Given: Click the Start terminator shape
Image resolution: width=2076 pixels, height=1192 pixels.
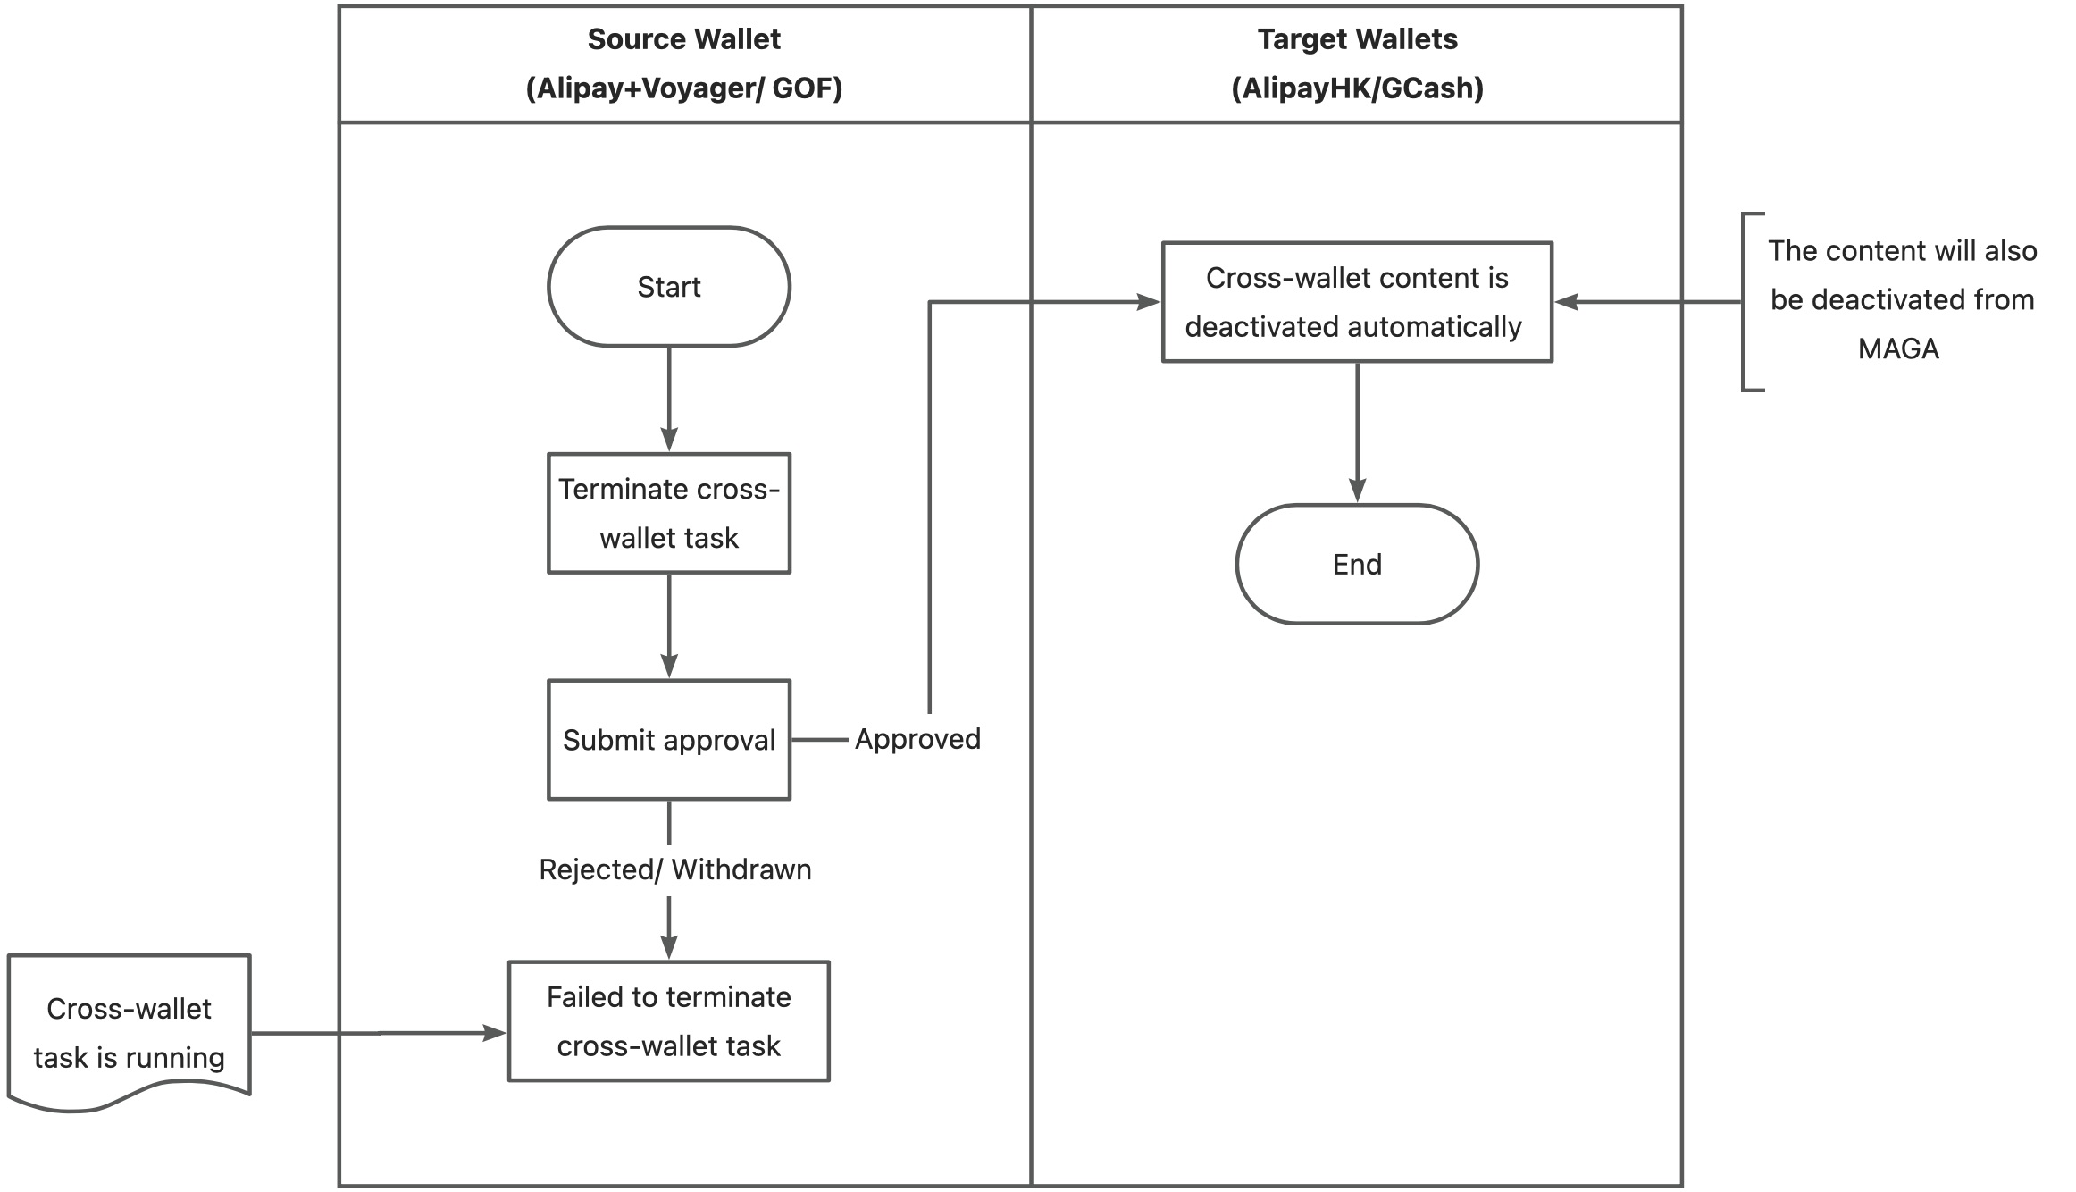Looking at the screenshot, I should [x=668, y=287].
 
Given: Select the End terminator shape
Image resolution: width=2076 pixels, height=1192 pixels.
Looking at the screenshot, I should [x=1356, y=564].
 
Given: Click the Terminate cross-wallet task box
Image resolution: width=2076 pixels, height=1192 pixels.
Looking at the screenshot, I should [x=668, y=513].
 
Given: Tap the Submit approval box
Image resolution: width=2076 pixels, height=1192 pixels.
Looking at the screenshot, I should [x=668, y=740].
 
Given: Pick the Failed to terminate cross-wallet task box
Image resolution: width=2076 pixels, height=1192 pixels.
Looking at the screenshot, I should [x=668, y=1021].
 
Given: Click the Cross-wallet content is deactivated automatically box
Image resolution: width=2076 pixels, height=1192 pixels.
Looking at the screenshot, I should [x=1356, y=302].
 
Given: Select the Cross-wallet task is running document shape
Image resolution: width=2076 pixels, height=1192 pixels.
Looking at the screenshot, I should [x=129, y=1032].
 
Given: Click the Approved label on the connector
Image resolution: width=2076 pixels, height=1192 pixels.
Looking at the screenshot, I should [x=917, y=739].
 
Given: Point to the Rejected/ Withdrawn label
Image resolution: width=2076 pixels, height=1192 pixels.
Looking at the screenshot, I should [x=674, y=869].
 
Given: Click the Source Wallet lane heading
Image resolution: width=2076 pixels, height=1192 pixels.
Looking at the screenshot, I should [x=683, y=39].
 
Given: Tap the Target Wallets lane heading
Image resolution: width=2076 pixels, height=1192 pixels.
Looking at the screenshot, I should [x=1356, y=39].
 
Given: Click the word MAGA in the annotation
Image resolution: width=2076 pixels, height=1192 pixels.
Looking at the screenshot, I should [x=1898, y=348].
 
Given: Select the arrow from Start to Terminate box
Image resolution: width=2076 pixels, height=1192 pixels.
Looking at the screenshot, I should [x=668, y=399].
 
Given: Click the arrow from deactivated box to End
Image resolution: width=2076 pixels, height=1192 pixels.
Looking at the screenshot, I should [x=1356, y=432].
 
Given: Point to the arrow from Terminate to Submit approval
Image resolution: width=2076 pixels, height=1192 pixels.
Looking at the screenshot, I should [x=668, y=625].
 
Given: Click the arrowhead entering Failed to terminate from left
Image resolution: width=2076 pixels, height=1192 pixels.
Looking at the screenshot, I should [x=494, y=1033].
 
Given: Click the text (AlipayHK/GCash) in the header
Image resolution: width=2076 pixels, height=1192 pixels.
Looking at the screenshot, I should [x=1356, y=88].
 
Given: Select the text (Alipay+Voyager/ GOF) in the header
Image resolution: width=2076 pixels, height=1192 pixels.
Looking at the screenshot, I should [x=683, y=88].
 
